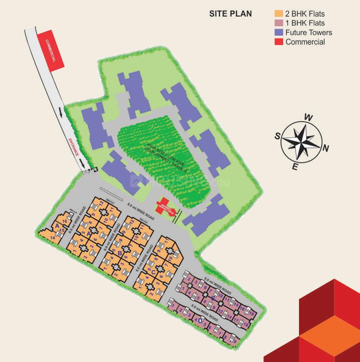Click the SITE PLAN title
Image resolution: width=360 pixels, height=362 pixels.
(x=230, y=14)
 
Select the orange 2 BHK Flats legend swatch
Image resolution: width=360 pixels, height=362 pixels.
(x=279, y=14)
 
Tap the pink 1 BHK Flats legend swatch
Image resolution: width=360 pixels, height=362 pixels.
(x=279, y=23)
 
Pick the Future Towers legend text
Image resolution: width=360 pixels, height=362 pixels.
(x=308, y=32)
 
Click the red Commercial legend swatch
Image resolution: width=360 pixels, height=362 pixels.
(x=279, y=42)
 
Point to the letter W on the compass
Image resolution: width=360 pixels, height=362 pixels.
(x=308, y=117)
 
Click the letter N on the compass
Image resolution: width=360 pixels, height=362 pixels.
(x=326, y=148)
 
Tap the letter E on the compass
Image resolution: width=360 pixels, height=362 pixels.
(x=295, y=167)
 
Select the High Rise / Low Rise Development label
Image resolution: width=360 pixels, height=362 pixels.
(x=164, y=154)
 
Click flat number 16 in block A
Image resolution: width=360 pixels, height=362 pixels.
(x=64, y=221)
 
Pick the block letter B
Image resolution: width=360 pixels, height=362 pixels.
(x=120, y=253)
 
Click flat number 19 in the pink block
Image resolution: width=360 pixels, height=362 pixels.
(x=252, y=313)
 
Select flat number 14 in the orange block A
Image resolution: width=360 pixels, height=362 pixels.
(x=52, y=237)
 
